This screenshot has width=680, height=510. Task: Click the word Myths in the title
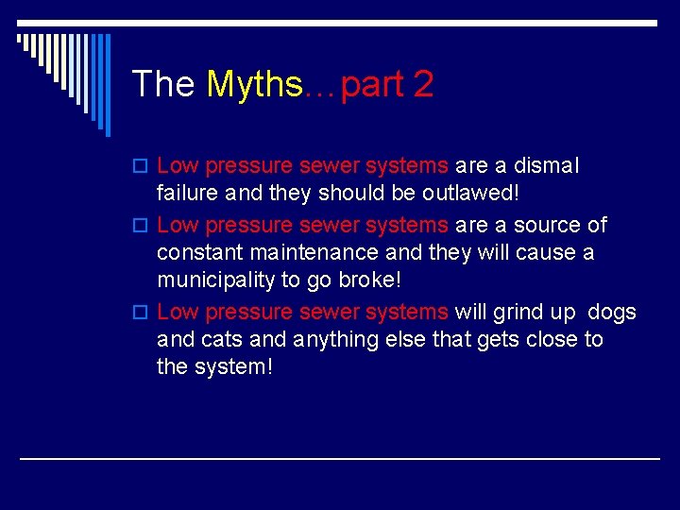254,85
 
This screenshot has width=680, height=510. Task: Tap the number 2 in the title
422,85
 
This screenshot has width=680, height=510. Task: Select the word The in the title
163,85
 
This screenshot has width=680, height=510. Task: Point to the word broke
374,281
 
